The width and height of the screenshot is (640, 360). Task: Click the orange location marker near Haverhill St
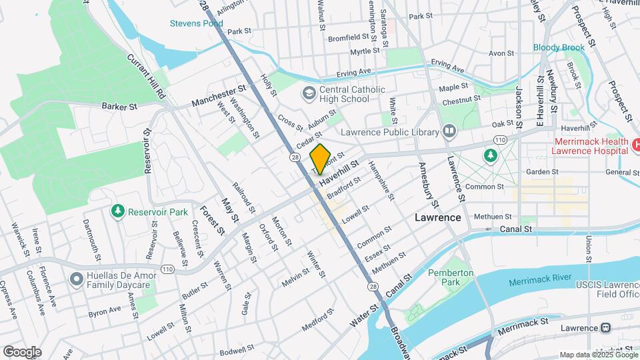point(321,159)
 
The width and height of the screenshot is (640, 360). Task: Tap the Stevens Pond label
point(196,23)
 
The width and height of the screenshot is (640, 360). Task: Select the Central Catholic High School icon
point(309,92)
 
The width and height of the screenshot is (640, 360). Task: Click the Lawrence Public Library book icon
point(449,131)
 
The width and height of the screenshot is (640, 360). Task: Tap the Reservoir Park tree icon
point(118,211)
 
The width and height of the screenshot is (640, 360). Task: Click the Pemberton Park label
point(451,277)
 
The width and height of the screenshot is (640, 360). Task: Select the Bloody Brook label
point(559,47)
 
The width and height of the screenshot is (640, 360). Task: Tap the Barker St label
point(119,106)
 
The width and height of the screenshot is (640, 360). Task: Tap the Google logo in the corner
point(22,351)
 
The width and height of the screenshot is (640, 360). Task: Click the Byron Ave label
point(105,310)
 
